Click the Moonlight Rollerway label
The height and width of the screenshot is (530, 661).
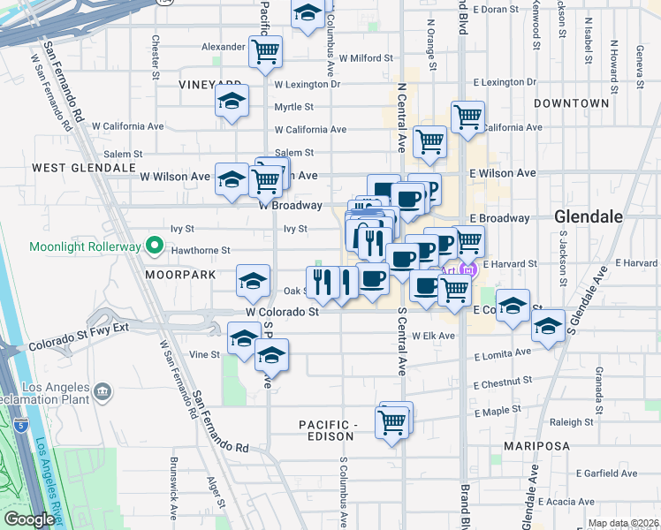(85, 246)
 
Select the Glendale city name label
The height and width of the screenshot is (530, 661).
(589, 216)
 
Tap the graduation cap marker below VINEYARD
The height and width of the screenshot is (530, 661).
(232, 102)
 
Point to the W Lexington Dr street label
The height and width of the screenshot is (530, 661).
(307, 85)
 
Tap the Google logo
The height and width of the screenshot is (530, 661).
(29, 519)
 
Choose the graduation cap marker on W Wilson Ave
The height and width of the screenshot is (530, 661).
(232, 179)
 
